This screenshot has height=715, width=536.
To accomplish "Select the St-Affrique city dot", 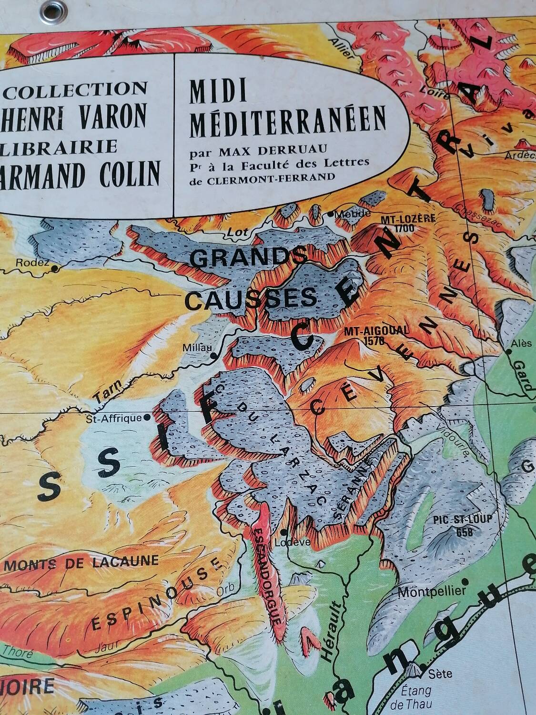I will [x=147, y=417].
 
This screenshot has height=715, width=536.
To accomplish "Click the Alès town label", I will [x=516, y=343].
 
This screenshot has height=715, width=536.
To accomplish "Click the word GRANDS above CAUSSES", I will [x=248, y=258].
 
